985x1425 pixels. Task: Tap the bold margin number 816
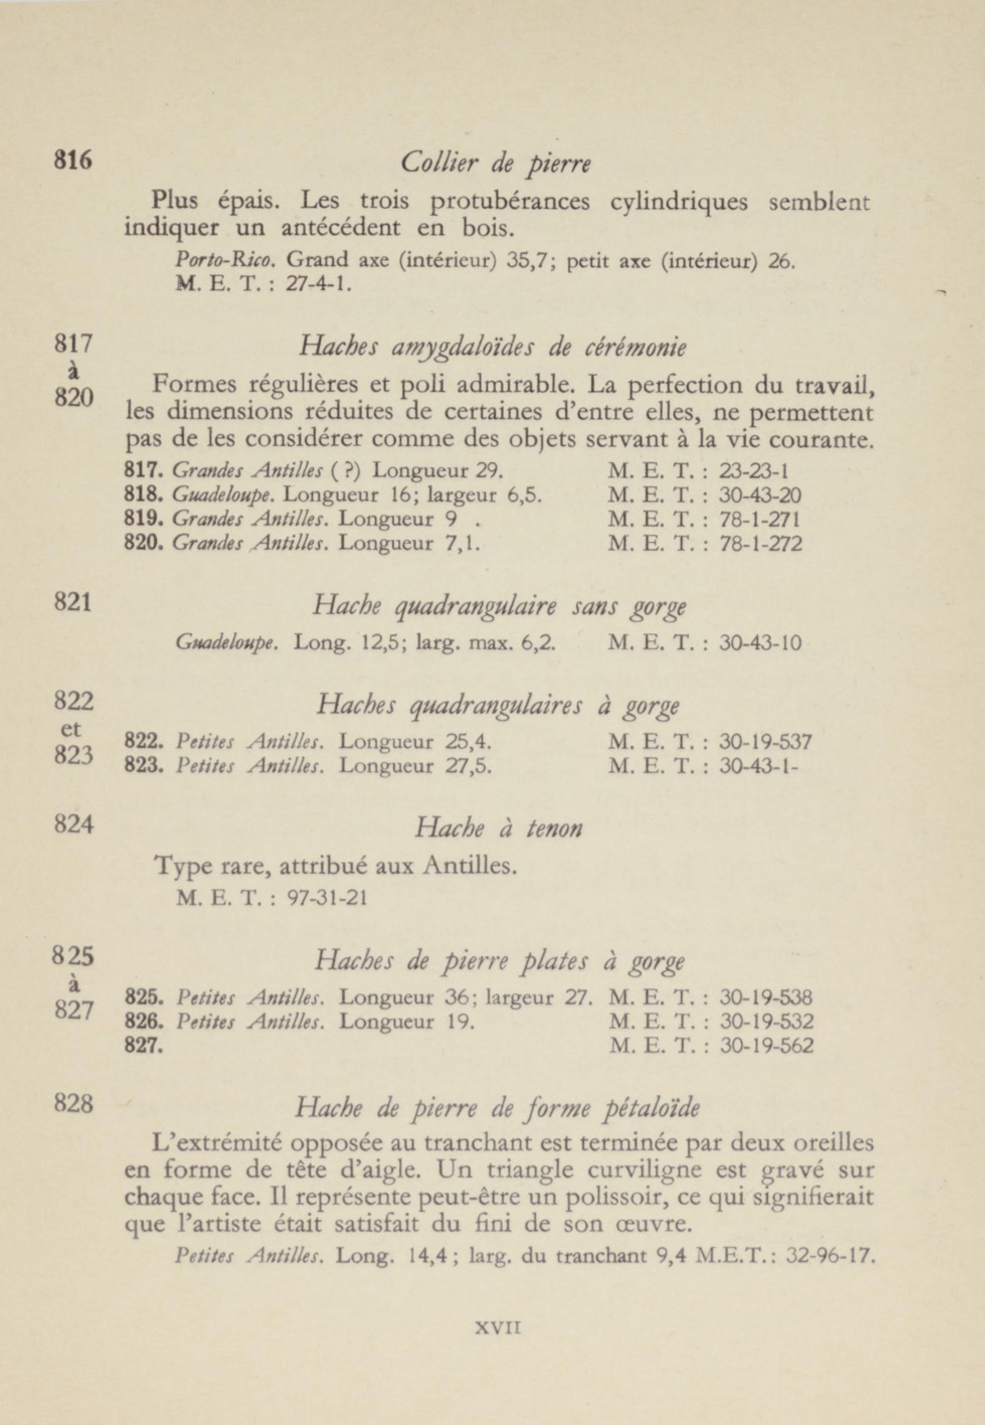point(73,160)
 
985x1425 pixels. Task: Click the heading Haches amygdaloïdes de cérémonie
point(493,348)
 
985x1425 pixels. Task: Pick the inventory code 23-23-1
point(754,472)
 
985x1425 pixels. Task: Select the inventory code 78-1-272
point(760,544)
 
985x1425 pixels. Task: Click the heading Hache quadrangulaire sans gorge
point(499,606)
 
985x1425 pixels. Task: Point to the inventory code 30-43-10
point(760,643)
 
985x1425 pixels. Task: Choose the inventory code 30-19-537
point(765,741)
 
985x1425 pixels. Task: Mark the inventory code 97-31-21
point(328,897)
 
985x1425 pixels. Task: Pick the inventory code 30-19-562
point(766,1045)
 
